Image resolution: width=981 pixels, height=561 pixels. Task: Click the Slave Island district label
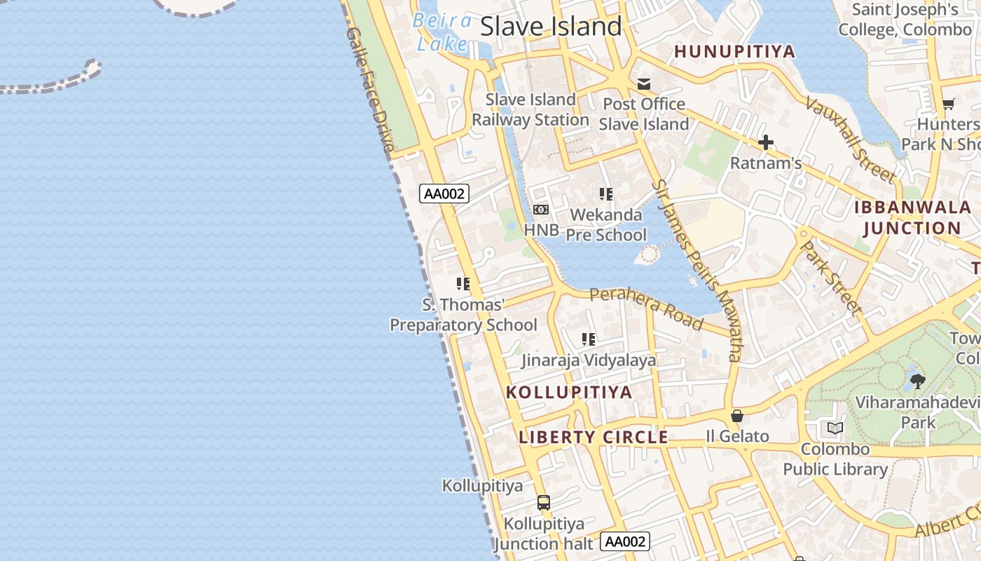(551, 27)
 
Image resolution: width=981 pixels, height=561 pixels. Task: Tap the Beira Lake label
(441, 32)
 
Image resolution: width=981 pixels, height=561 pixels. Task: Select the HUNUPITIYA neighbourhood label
(734, 51)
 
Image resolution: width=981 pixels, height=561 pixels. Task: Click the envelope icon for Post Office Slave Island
(643, 85)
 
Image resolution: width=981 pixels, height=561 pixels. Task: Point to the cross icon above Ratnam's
(765, 143)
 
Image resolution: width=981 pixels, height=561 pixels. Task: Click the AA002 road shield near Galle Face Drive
(444, 194)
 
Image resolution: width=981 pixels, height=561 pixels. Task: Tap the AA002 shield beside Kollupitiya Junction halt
(625, 541)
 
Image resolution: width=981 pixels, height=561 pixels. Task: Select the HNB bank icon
(540, 210)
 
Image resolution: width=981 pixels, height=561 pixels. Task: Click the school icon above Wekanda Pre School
(606, 194)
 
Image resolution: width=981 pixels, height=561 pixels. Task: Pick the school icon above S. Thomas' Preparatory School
(462, 284)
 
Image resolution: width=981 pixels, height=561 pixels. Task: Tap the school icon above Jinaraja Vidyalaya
(589, 340)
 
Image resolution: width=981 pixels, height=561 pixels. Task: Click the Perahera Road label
(645, 308)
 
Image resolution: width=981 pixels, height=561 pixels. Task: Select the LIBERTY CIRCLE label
(593, 438)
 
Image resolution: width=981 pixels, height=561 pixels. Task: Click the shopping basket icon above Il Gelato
(736, 416)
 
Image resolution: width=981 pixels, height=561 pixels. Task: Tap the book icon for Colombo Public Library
(835, 428)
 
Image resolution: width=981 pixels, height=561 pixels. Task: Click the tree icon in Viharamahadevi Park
(917, 381)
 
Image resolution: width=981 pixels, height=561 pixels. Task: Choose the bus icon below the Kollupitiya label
(543, 502)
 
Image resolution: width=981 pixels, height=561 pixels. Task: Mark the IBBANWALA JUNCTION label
(912, 217)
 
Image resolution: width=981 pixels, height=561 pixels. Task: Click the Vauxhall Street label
(849, 139)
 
